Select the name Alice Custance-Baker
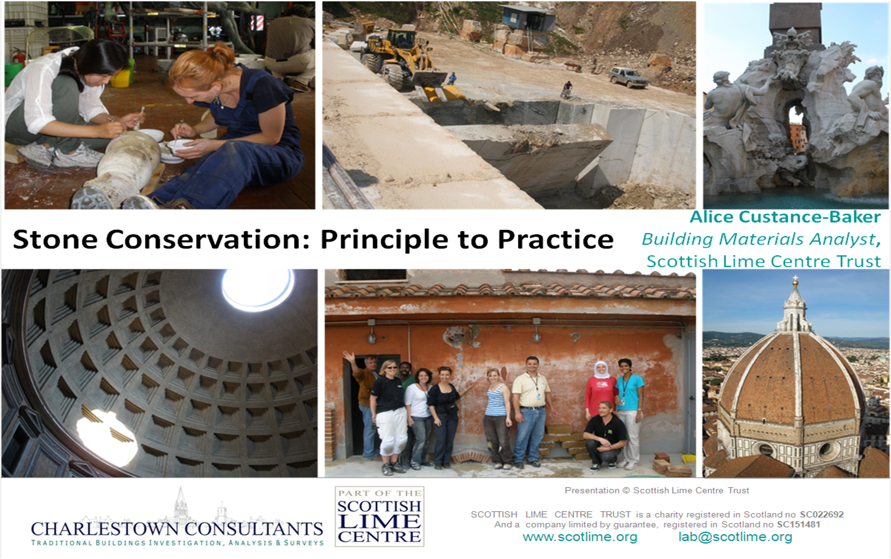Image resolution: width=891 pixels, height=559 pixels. pyautogui.click(x=785, y=217)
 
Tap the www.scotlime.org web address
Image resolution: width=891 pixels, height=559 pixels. pyautogui.click(x=580, y=537)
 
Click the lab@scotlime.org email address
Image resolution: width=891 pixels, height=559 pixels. pyautogui.click(x=735, y=537)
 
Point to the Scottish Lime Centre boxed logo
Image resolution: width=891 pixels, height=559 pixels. pyautogui.click(x=379, y=517)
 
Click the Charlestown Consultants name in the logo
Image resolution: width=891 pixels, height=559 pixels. pyautogui.click(x=177, y=529)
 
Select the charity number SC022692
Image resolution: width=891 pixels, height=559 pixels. pyautogui.click(x=821, y=514)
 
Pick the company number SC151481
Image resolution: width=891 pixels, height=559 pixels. pyautogui.click(x=798, y=524)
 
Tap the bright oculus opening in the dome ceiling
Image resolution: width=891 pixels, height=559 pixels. pyautogui.click(x=257, y=289)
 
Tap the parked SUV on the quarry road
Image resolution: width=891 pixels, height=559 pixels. pyautogui.click(x=627, y=77)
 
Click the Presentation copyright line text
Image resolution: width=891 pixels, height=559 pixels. pyautogui.click(x=656, y=490)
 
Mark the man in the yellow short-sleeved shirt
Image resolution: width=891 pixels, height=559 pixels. pyautogui.click(x=530, y=409)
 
